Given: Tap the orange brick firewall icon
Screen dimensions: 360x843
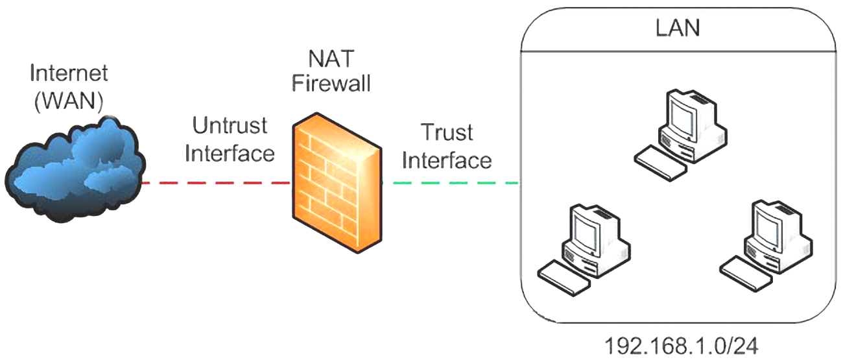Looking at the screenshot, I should (333, 183).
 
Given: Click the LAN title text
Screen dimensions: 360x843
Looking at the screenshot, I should (678, 29).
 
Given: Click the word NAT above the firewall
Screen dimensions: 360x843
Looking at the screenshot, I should (332, 59).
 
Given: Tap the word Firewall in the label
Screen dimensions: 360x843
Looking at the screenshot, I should (332, 84).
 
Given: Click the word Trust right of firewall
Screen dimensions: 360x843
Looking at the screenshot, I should (447, 132).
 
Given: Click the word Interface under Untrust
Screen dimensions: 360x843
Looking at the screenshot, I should (230, 153).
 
